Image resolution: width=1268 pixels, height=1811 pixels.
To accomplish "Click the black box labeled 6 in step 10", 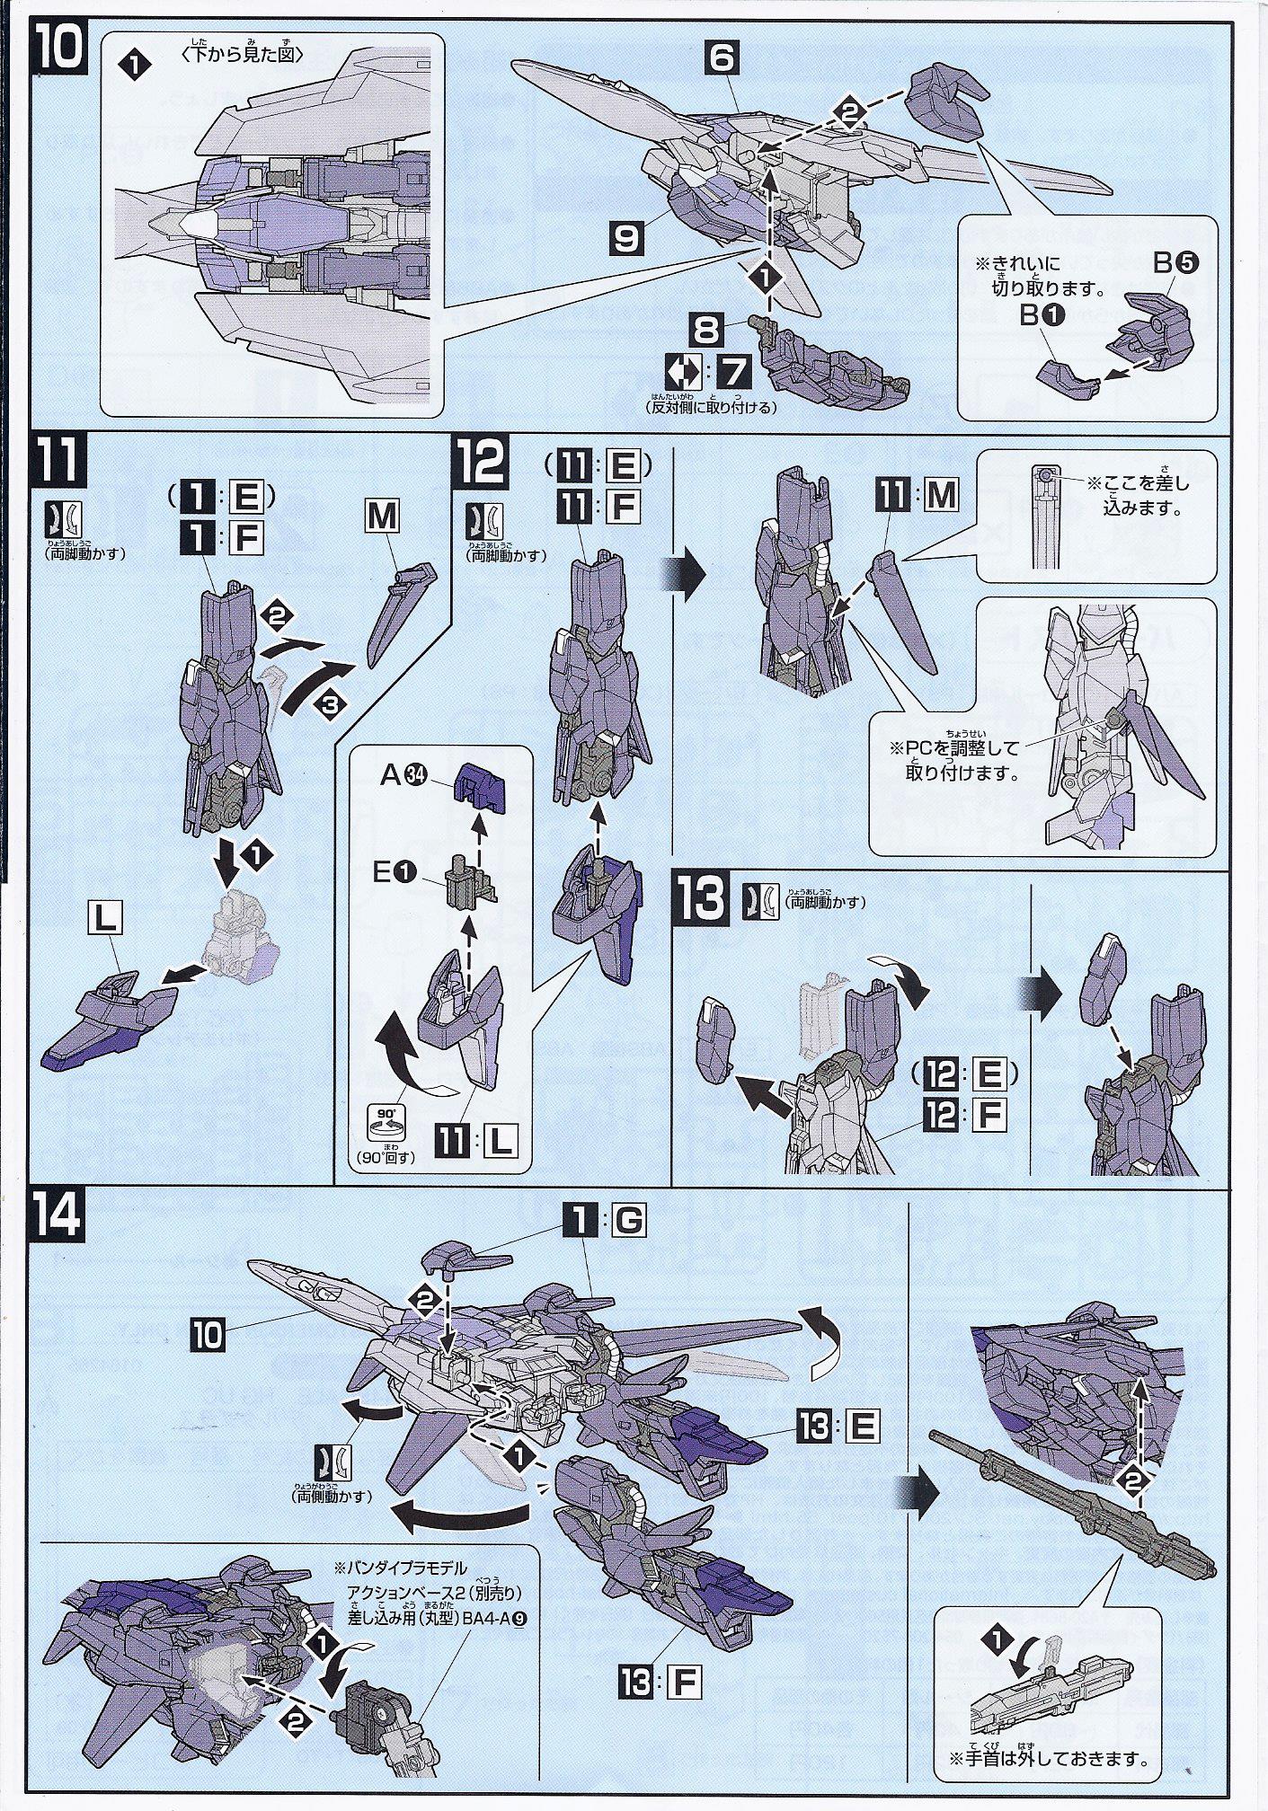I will (722, 59).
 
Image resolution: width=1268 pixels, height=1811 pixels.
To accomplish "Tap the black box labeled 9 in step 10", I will (625, 238).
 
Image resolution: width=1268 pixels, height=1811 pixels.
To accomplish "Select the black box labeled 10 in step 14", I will (207, 1335).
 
